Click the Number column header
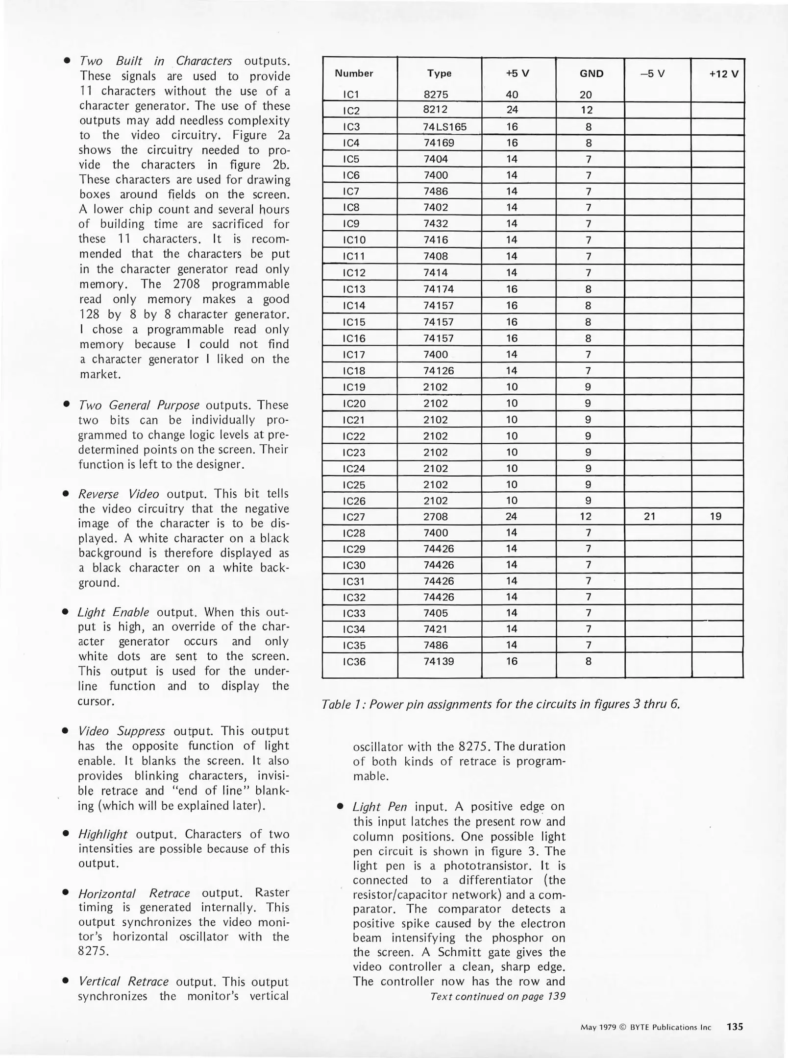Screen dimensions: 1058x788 [354, 73]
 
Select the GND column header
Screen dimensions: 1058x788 [591, 73]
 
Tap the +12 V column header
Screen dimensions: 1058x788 [724, 74]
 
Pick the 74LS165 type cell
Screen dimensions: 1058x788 [444, 127]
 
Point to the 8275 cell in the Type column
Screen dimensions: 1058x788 [436, 95]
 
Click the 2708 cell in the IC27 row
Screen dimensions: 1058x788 [436, 516]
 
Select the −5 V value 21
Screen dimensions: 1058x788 [649, 516]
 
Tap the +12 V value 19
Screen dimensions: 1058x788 [715, 516]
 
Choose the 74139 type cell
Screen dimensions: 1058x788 [439, 661]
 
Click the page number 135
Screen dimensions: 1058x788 [735, 1027]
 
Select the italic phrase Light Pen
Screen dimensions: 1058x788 [380, 807]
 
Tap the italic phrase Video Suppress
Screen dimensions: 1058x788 [122, 731]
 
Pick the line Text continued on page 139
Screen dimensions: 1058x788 [497, 996]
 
